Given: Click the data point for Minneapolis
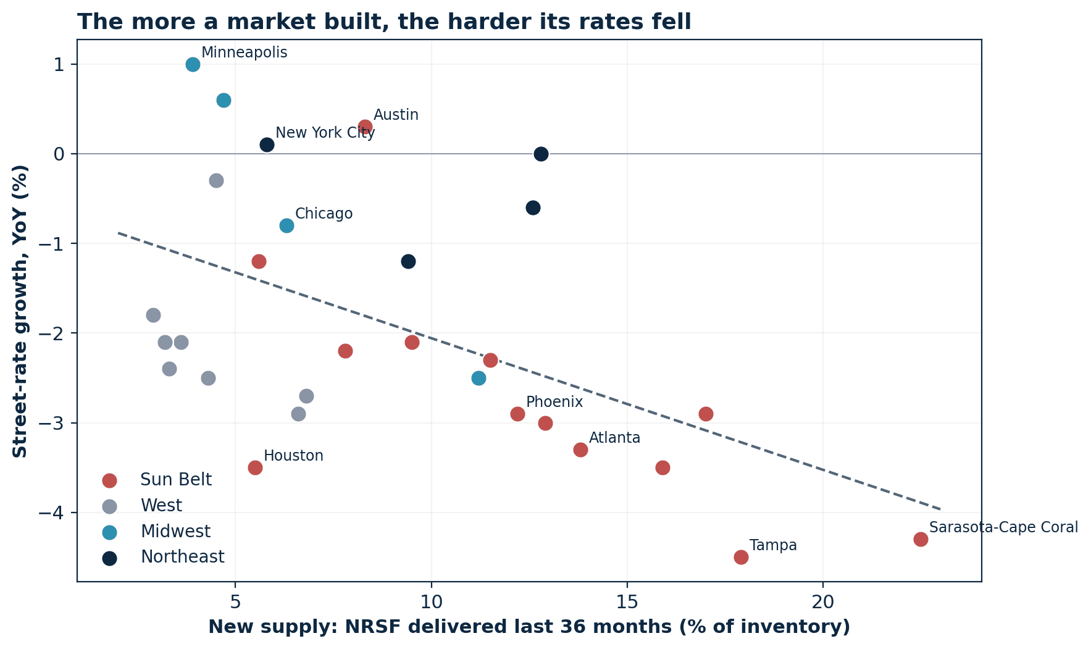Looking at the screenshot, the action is pos(193,64).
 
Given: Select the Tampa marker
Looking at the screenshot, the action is pos(741,557).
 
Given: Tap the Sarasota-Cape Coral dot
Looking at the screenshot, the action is pos(921,539).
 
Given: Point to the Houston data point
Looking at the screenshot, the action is pos(255,467).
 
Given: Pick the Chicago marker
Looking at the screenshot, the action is pos(286,225).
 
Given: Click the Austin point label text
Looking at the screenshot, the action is pos(396,115).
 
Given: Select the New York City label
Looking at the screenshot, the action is pos(325,133).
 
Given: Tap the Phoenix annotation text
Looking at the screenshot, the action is pos(554,402).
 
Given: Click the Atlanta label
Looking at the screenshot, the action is pos(614,438).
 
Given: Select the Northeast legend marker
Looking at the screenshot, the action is pos(109,557).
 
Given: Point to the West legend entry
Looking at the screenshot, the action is pos(143,506).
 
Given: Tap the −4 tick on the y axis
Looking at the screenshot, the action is pos(53,513).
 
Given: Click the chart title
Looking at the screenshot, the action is pos(384,22).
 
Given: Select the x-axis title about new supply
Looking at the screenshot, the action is pos(529,627).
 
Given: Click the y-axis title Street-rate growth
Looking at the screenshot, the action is pos(20,311).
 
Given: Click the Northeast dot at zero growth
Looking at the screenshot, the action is pos(541,154).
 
